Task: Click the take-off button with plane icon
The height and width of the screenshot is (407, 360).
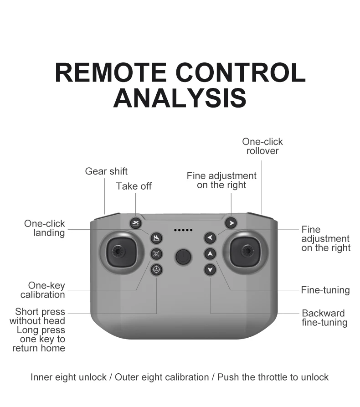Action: tap(135, 223)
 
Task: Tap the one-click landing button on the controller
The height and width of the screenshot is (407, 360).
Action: tap(156, 238)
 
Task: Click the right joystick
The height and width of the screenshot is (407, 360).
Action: tap(246, 252)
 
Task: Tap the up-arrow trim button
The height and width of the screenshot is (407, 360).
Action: tap(210, 253)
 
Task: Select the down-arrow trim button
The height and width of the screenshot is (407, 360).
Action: tap(210, 270)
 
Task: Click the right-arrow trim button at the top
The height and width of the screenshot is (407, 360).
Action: tap(231, 223)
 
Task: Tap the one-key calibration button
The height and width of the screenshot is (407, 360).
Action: tap(156, 253)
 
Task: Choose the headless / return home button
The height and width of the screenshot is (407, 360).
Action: tap(156, 270)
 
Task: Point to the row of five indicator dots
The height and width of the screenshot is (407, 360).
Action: tap(183, 230)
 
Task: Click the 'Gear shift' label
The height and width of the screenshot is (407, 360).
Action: tap(106, 171)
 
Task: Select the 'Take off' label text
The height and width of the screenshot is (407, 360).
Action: tap(134, 186)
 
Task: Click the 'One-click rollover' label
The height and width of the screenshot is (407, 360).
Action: tap(262, 146)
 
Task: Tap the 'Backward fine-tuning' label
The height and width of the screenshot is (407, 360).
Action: tap(324, 318)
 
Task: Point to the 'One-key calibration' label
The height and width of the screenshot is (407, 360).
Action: tap(43, 290)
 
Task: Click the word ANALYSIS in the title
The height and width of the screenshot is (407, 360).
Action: tap(180, 98)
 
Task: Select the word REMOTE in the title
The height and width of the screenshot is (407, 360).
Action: tap(111, 72)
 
